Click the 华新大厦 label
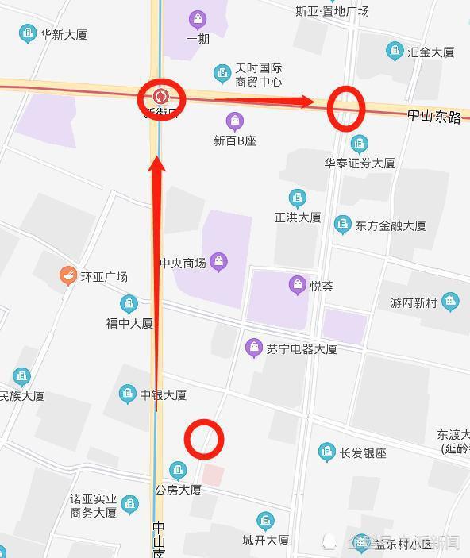(64, 35)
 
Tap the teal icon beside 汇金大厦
(395, 52)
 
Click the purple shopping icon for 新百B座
(234, 121)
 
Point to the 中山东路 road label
(434, 116)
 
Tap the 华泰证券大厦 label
(359, 163)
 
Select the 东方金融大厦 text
(391, 225)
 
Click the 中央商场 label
(183, 264)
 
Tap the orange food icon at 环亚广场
(68, 276)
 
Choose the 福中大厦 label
(129, 323)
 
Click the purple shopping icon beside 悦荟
(298, 285)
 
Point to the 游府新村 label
(414, 302)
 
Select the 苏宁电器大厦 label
(302, 348)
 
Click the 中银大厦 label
(163, 394)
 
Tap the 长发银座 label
(363, 453)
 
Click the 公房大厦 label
(178, 490)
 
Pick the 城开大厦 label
(266, 540)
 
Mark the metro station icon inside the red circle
(161, 97)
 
